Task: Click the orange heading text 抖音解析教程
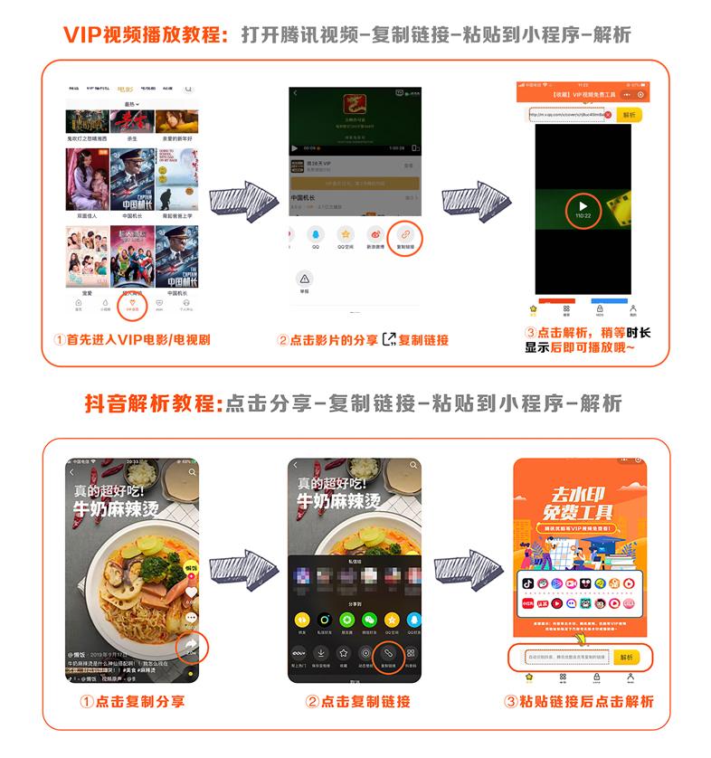(153, 403)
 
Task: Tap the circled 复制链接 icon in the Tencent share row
(406, 236)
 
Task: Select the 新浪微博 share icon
(374, 236)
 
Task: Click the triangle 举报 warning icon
(304, 280)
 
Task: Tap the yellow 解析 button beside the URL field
(630, 115)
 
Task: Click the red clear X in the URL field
(608, 115)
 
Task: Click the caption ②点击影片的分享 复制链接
(363, 340)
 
